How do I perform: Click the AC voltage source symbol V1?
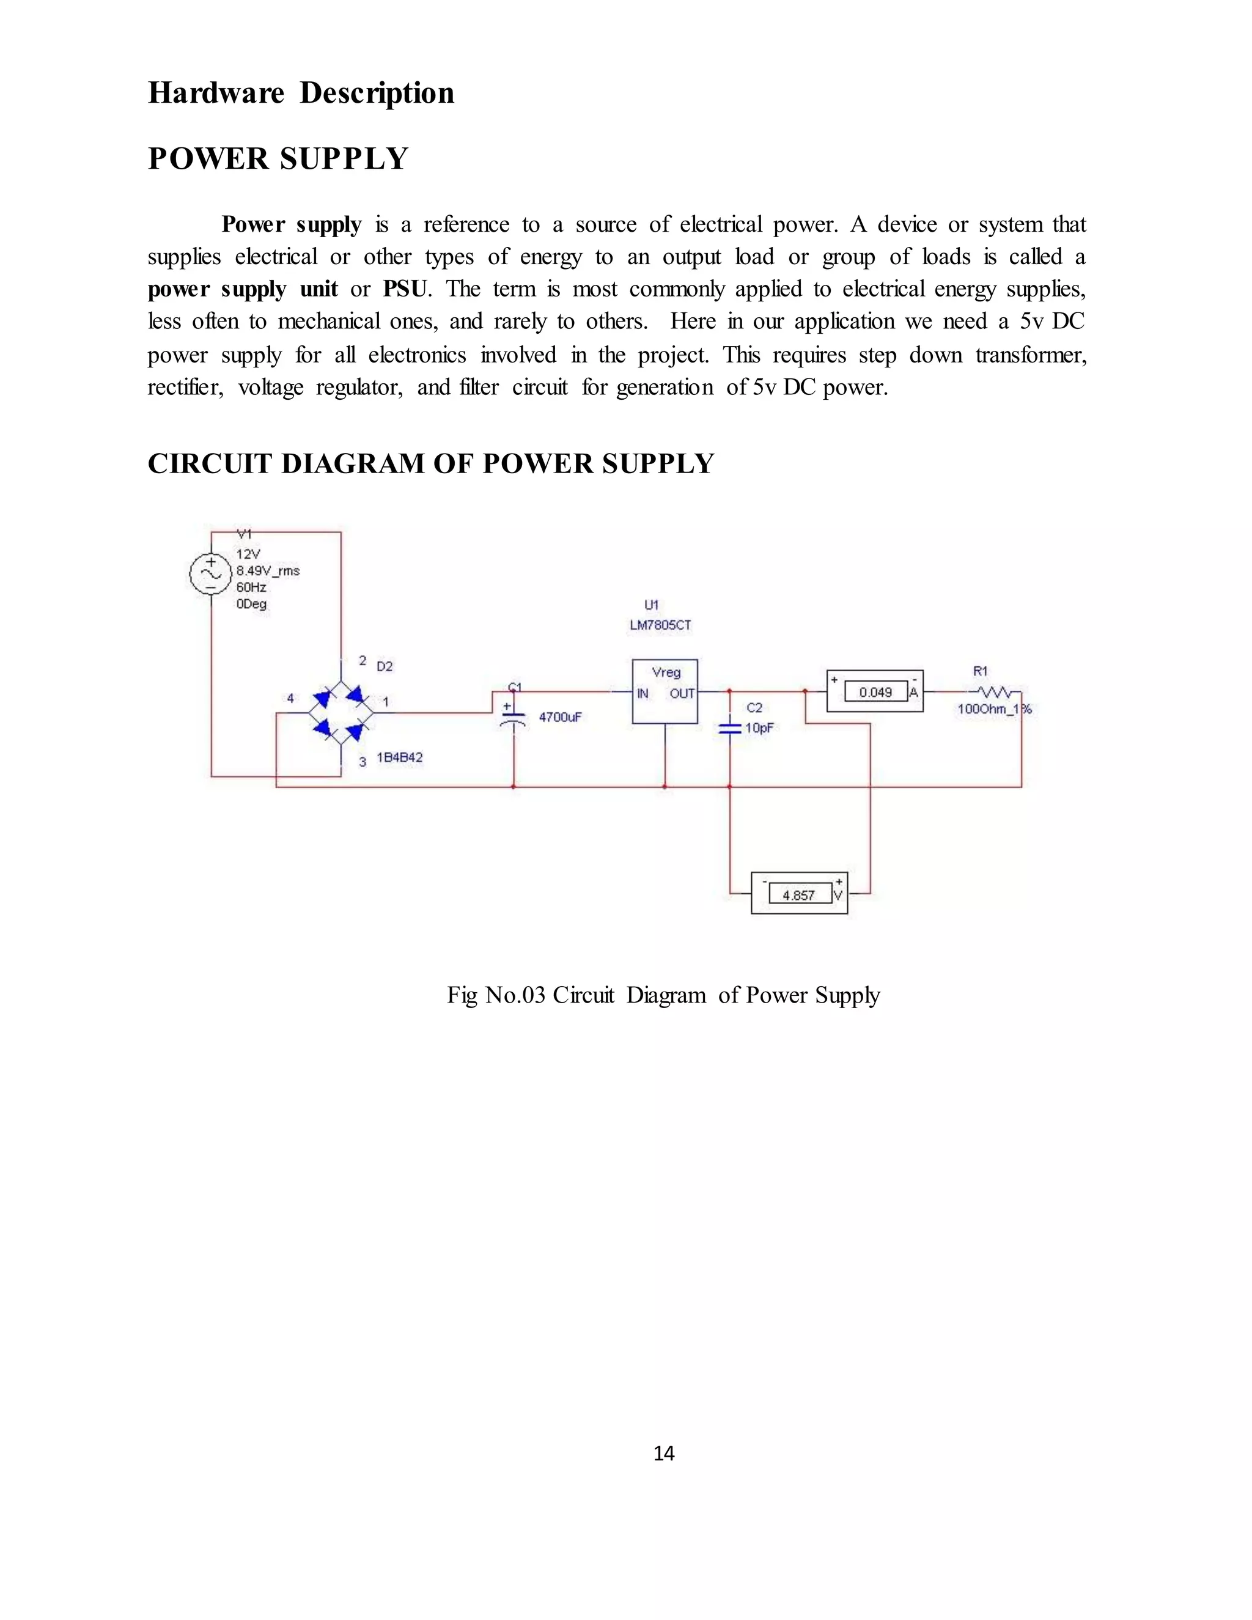click(211, 573)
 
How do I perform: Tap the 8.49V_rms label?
click(268, 570)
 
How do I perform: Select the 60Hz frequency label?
click(251, 587)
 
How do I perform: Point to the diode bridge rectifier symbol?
click(341, 712)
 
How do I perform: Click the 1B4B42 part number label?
click(400, 757)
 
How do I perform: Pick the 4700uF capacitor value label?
click(560, 717)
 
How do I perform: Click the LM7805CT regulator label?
click(660, 625)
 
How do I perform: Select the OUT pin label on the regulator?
click(682, 694)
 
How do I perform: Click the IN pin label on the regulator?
click(643, 694)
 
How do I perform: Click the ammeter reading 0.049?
click(875, 692)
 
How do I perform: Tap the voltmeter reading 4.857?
click(799, 896)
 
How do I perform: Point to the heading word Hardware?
click(216, 94)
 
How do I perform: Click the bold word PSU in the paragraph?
click(405, 289)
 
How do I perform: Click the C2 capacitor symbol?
click(730, 729)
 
